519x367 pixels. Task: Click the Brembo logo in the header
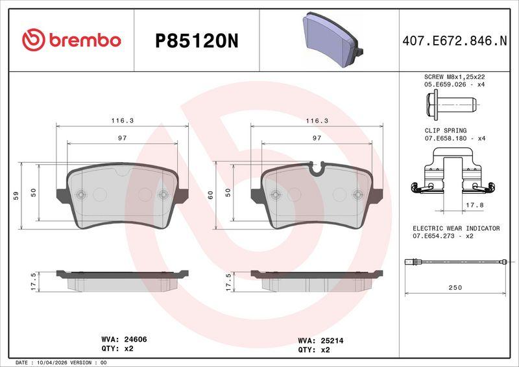point(71,40)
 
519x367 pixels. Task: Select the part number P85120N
point(197,41)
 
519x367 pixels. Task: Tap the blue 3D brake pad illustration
point(333,40)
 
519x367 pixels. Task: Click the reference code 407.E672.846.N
point(455,41)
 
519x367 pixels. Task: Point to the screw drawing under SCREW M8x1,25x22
point(452,104)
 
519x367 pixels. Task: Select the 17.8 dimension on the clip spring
point(475,205)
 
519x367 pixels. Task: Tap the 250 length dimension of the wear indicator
point(455,288)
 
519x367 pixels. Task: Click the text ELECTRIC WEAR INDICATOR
point(456,228)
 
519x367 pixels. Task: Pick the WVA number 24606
point(136,339)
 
